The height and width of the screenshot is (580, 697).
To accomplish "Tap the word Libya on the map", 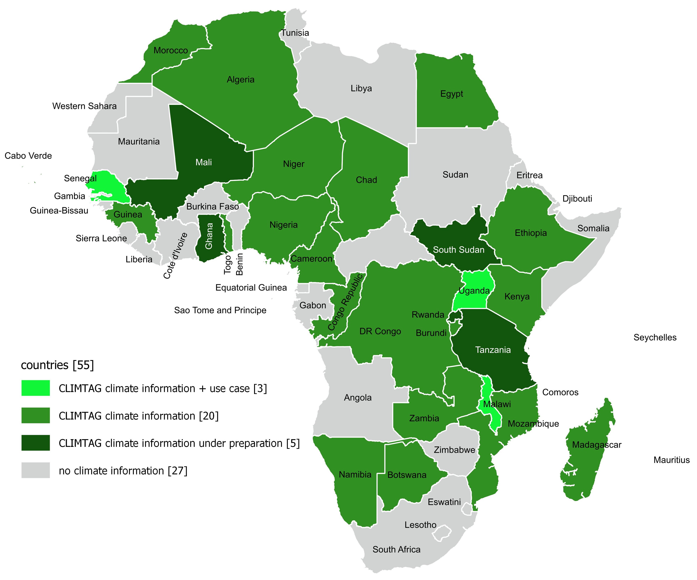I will point(361,88).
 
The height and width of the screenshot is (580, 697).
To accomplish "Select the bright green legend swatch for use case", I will point(36,388).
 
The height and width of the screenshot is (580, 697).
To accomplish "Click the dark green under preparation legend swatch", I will point(36,443).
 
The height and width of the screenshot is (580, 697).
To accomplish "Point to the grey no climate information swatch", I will point(36,470).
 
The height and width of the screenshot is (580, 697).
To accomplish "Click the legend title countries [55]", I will point(57,365).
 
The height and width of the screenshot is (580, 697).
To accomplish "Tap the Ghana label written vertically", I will point(209,236).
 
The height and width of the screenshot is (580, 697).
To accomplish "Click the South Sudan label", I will point(458,250).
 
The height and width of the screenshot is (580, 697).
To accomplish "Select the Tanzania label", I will point(493,350).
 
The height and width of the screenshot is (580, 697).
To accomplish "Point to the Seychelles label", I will point(655,338).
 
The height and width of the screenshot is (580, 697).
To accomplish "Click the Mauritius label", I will point(671,460).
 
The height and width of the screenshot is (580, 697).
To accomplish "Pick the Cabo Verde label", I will point(28,156).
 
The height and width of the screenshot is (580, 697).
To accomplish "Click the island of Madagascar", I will point(587,465).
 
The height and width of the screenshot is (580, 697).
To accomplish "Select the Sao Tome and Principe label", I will point(220,310).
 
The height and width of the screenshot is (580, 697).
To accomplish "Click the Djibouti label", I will point(577,199).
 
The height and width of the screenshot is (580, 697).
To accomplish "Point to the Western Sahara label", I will point(84,106).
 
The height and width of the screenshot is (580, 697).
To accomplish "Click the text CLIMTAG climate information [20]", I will point(138,416).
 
